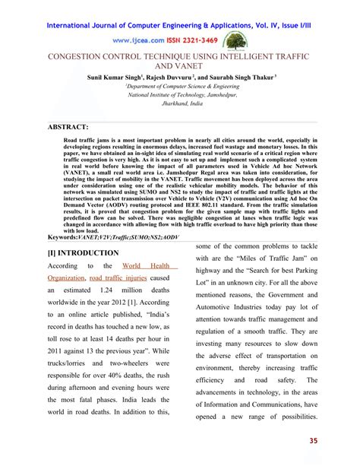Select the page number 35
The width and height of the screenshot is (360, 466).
335,442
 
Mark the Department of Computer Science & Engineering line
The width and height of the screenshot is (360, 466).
180,87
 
